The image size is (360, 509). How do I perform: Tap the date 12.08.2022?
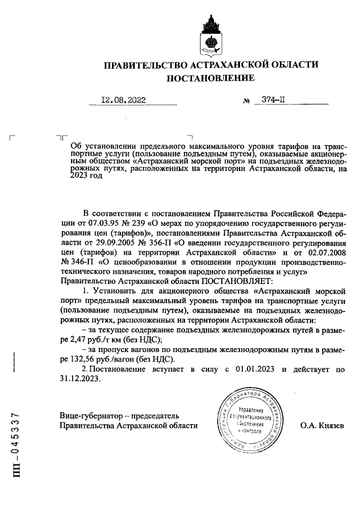click(123, 100)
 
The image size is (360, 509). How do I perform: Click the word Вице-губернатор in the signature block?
click(91, 416)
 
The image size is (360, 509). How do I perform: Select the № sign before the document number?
click(246, 101)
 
